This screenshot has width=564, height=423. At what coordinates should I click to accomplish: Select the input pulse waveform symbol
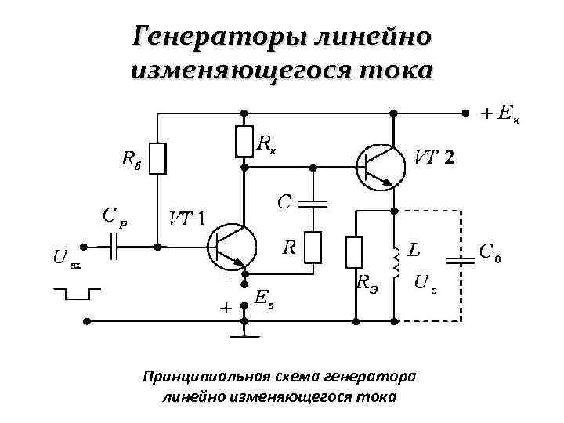[x=76, y=293]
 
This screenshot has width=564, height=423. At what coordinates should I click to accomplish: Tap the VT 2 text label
[x=433, y=157]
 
